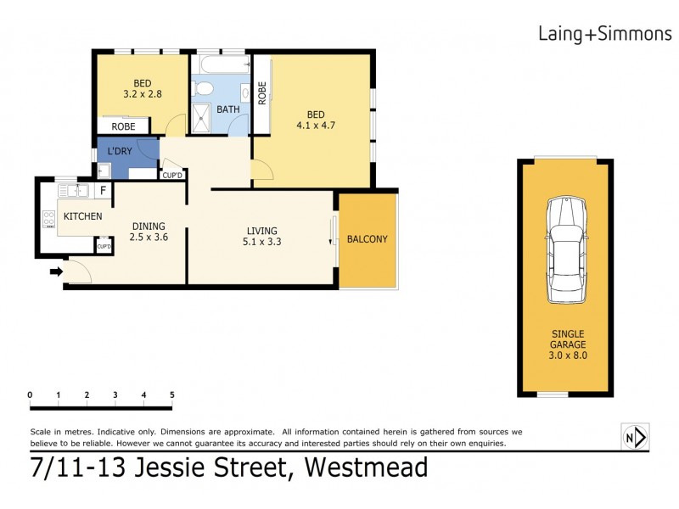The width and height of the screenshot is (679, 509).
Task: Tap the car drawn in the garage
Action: click(x=565, y=250)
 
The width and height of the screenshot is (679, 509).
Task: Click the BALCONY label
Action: click(x=368, y=239)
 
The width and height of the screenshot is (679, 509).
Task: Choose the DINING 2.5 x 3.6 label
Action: click(x=149, y=232)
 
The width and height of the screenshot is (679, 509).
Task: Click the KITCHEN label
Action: click(x=83, y=216)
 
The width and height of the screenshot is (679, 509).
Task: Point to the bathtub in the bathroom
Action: click(x=222, y=64)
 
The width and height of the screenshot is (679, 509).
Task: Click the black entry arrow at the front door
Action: click(x=56, y=271)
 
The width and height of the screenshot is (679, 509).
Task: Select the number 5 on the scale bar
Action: click(x=172, y=394)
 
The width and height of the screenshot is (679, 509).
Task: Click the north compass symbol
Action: click(x=635, y=437)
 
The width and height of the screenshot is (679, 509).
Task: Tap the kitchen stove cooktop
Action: click(x=48, y=221)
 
